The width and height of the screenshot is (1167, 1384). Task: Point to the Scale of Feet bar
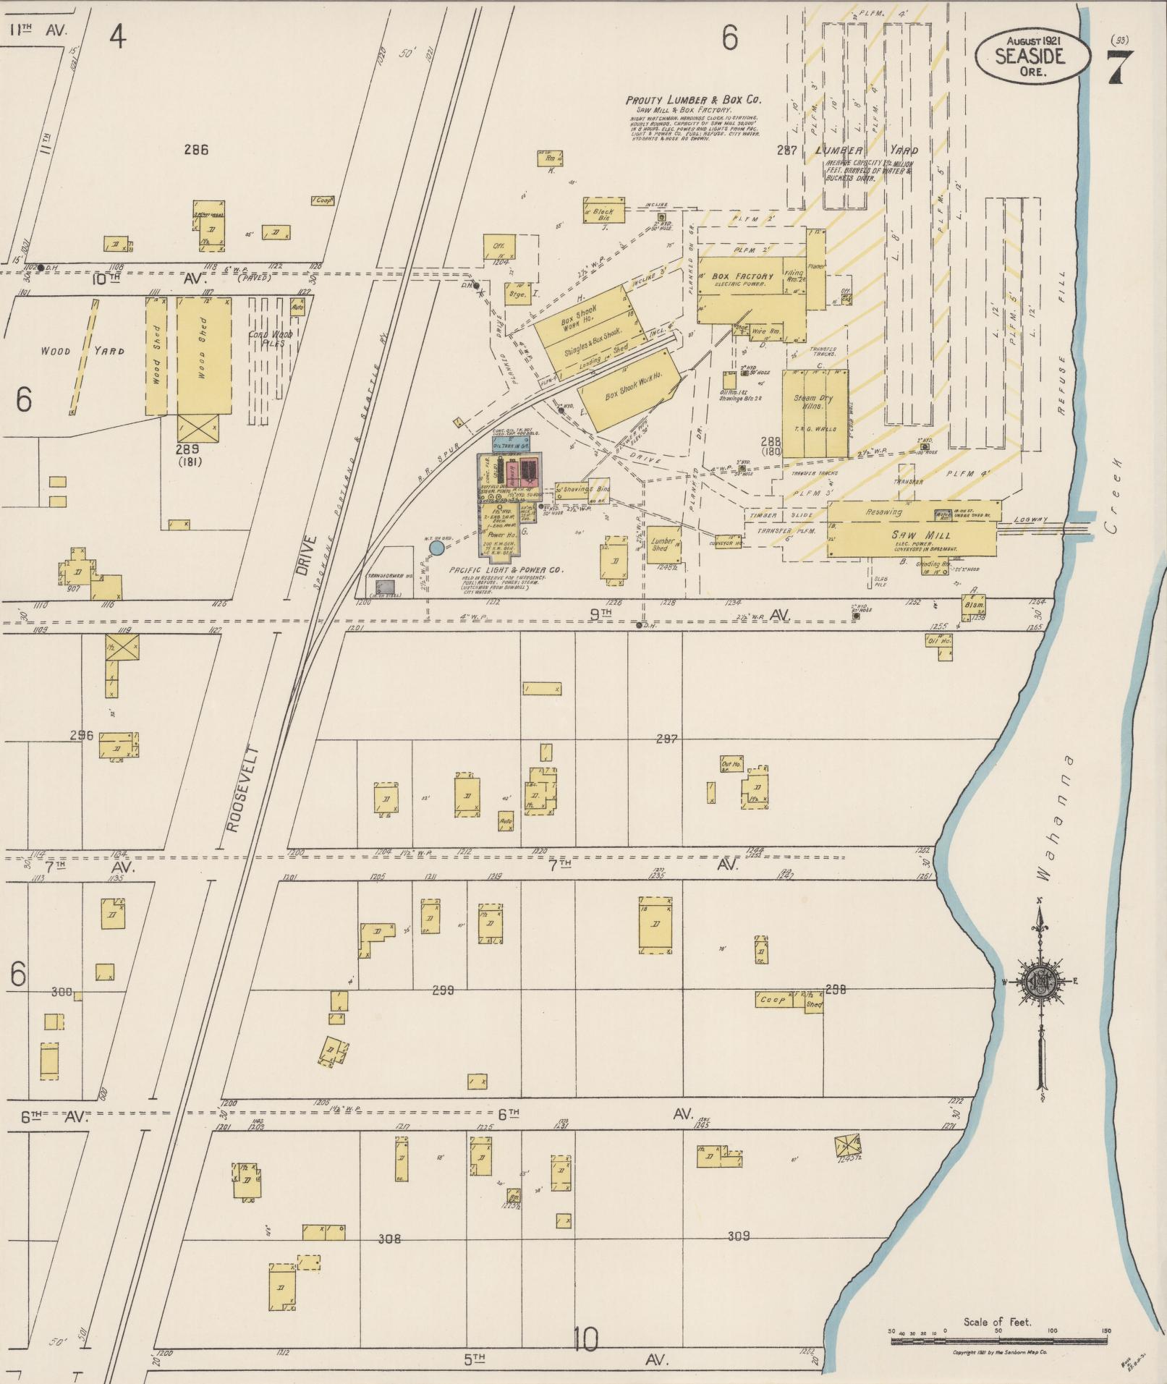pyautogui.click(x=998, y=1341)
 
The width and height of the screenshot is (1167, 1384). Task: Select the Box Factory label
pyautogui.click(x=742, y=277)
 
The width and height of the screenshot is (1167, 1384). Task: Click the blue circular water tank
pyautogui.click(x=436, y=548)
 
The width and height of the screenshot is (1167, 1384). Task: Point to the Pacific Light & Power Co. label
pyautogui.click(x=506, y=570)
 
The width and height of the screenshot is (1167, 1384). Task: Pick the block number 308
pyautogui.click(x=389, y=1239)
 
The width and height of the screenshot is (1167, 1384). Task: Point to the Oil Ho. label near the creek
pyautogui.click(x=938, y=641)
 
